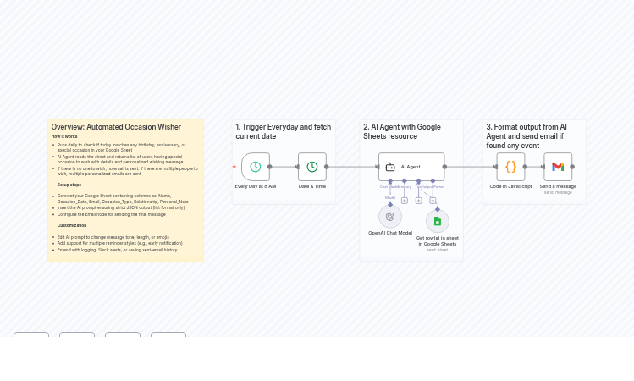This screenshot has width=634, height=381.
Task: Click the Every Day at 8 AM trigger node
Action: tap(256, 167)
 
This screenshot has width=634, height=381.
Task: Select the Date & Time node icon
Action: tap(312, 167)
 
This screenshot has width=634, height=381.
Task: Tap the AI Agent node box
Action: tap(411, 167)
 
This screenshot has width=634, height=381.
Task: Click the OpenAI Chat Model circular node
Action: tap(390, 216)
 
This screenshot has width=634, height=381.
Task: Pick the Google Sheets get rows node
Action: tap(438, 222)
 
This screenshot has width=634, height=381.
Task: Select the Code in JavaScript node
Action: tap(510, 167)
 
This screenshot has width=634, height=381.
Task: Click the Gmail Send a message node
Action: tap(558, 167)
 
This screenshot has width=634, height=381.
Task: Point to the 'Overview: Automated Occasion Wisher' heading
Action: tap(116, 127)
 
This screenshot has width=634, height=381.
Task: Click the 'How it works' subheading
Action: tap(64, 136)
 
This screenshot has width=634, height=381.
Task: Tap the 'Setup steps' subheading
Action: tap(69, 184)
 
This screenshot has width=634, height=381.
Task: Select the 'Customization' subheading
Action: tap(72, 225)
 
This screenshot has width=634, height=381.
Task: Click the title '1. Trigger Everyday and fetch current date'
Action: tap(284, 131)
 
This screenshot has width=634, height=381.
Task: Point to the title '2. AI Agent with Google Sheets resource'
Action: tap(403, 131)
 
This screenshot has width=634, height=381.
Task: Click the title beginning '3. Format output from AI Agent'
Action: tap(526, 135)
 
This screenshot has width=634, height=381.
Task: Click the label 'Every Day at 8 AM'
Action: tap(256, 186)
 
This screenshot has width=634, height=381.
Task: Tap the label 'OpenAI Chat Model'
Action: tap(390, 232)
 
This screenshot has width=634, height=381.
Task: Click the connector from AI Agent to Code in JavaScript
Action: tap(470, 167)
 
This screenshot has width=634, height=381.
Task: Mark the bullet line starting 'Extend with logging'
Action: tap(117, 250)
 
